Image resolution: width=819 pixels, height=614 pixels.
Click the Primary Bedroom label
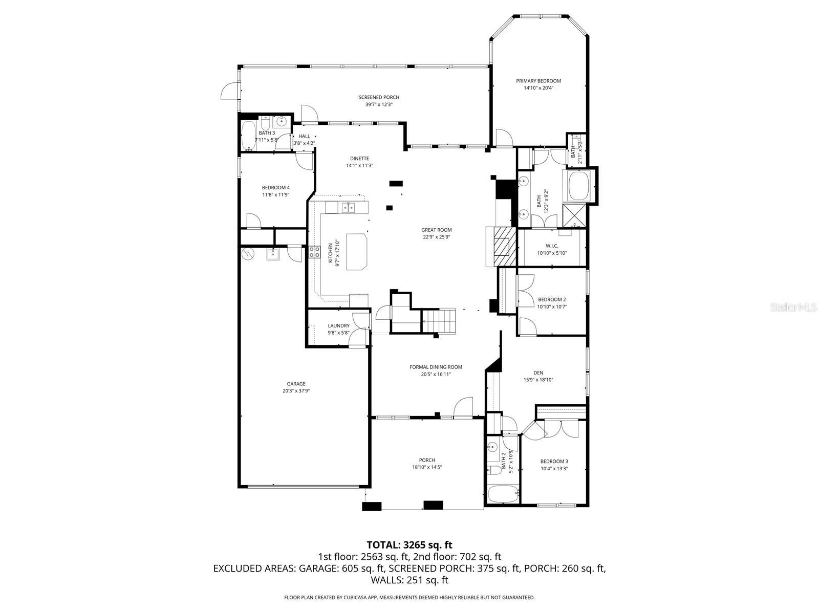pos(538,81)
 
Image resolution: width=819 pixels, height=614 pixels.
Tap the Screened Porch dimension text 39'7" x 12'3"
pos(379,104)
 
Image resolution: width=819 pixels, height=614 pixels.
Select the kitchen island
pos(357,251)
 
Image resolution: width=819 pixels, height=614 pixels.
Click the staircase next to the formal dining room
pos(439,320)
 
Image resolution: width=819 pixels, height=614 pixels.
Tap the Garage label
pos(296,384)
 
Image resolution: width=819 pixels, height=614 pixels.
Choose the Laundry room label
pos(338,325)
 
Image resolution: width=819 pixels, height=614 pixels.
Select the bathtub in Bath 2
pos(503,495)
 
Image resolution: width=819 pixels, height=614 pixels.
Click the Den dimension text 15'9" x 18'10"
pos(538,380)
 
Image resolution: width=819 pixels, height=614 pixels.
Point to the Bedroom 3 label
pos(554,461)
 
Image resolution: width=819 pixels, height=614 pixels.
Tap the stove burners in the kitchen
pos(314,251)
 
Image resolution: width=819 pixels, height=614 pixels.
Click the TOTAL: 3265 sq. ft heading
pos(409,545)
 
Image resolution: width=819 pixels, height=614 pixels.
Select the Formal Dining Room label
pos(436,367)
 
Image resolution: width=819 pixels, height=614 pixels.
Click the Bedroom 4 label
pos(275,187)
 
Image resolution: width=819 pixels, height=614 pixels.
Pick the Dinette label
pos(359,158)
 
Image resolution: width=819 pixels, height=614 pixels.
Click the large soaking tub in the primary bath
pos(578,186)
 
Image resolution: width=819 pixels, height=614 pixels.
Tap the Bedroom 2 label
pos(552,299)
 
